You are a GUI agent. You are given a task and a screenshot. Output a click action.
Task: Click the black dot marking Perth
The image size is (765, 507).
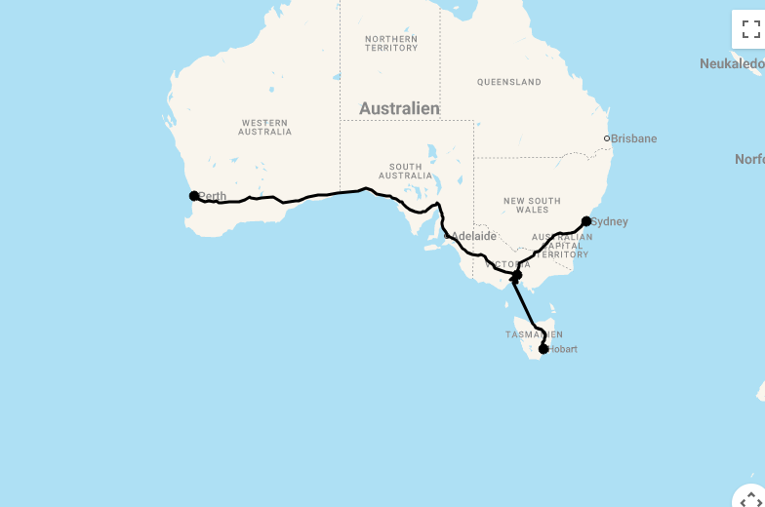(194, 196)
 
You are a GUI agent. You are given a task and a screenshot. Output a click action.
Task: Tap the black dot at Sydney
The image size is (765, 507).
(586, 221)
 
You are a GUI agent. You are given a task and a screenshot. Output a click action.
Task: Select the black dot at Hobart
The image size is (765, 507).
(544, 349)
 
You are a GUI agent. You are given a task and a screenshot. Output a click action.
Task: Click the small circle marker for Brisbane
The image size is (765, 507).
(607, 138)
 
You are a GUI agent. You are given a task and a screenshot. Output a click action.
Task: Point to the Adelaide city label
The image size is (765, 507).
(473, 236)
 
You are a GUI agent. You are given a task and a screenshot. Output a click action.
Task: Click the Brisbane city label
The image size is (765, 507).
(634, 138)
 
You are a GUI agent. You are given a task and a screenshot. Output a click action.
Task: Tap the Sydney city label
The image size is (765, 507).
(610, 221)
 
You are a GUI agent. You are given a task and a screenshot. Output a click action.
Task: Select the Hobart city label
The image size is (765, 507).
(563, 349)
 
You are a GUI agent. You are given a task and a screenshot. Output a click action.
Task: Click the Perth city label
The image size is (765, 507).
(213, 197)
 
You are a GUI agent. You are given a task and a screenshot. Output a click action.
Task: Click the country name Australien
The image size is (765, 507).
(399, 108)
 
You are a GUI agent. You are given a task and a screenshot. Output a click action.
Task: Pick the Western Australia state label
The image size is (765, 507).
(264, 127)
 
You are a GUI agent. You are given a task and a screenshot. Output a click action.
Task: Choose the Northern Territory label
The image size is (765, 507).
(391, 43)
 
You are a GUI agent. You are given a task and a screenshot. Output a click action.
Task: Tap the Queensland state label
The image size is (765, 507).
(508, 82)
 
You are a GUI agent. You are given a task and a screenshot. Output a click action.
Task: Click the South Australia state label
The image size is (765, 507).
(405, 171)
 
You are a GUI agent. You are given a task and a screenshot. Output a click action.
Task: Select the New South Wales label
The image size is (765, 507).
(532, 205)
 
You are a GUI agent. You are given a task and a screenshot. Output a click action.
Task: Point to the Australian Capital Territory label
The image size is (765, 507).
(561, 246)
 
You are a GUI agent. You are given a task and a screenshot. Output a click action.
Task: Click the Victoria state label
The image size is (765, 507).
(507, 264)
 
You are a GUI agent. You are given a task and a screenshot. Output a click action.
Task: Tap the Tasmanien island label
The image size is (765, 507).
(533, 334)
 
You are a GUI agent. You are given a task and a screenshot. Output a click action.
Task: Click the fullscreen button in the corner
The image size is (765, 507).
(750, 28)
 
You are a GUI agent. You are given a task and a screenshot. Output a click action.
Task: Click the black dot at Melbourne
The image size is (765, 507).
(517, 276)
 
